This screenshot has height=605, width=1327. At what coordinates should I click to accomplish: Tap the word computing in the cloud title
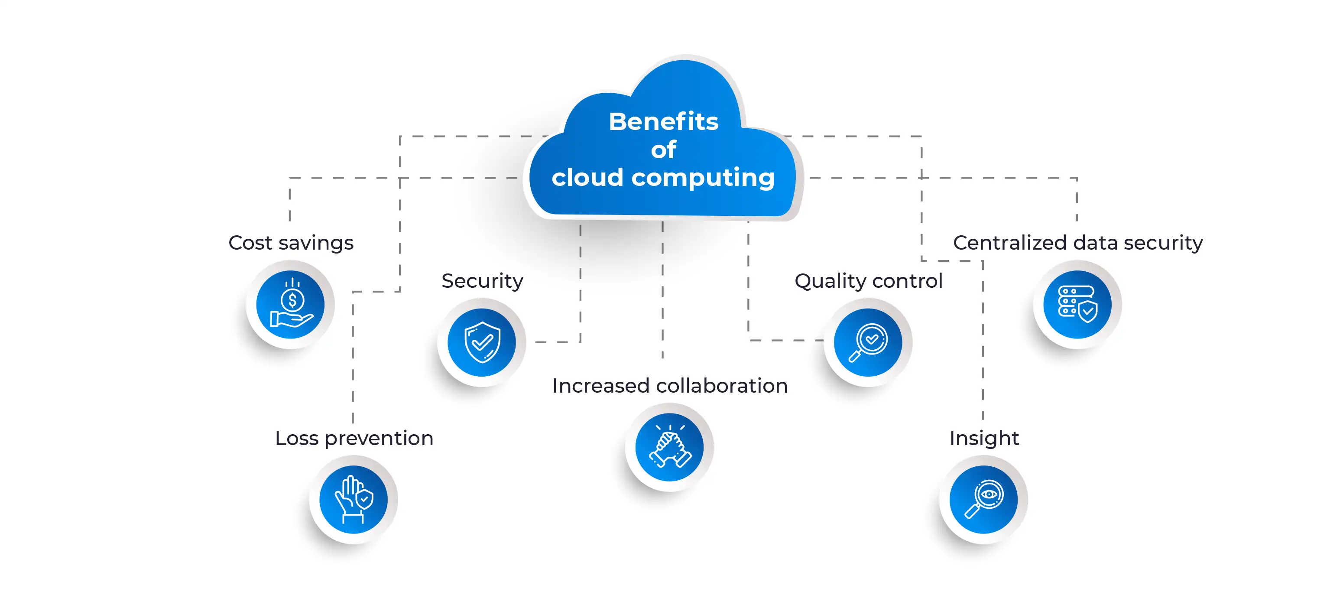[703, 178]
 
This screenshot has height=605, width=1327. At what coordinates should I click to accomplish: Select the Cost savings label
[291, 243]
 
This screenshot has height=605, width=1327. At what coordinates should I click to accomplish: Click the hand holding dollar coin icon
[291, 305]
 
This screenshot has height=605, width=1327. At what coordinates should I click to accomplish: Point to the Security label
[482, 281]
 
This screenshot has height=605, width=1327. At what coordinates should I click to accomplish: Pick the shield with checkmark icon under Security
[482, 343]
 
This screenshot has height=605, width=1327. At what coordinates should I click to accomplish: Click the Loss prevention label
[354, 438]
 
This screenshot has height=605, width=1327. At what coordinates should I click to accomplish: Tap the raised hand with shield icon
[354, 499]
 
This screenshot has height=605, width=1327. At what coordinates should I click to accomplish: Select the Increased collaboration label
[670, 385]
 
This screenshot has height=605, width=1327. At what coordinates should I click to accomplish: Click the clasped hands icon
[669, 447]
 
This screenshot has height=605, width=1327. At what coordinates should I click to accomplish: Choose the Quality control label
[869, 281]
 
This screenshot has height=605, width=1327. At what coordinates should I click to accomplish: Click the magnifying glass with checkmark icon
[868, 343]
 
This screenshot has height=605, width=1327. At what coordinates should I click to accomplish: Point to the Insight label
[984, 438]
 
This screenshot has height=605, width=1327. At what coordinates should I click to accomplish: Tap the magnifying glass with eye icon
[983, 499]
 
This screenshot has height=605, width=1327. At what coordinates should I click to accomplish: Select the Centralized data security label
[1077, 243]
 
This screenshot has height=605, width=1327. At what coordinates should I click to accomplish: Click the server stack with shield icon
[1077, 305]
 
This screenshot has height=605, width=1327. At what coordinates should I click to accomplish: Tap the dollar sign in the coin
[292, 299]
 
